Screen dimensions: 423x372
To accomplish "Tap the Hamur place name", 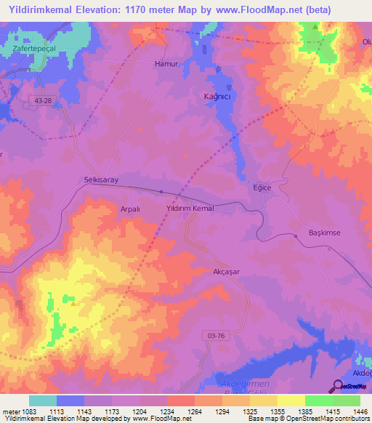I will pos(166,64).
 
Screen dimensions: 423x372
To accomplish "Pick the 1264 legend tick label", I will pos(195,411).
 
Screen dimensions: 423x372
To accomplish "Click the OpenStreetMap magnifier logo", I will pos(338,386).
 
